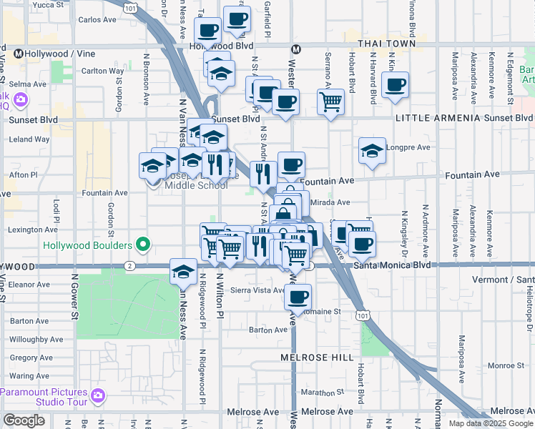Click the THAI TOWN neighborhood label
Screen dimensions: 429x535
pyautogui.click(x=386, y=44)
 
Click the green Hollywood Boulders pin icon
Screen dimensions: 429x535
pyautogui.click(x=143, y=245)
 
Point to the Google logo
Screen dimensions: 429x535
pyautogui.click(x=24, y=420)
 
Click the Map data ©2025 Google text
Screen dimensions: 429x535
pyautogui.click(x=490, y=423)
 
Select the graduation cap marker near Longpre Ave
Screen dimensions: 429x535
pyautogui.click(x=372, y=152)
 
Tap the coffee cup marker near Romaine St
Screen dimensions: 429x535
pyautogui.click(x=298, y=296)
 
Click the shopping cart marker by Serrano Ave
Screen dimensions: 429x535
pyautogui.click(x=330, y=102)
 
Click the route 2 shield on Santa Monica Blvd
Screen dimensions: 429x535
pyautogui.click(x=129, y=266)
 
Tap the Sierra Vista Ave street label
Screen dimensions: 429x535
pyautogui.click(x=262, y=290)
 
